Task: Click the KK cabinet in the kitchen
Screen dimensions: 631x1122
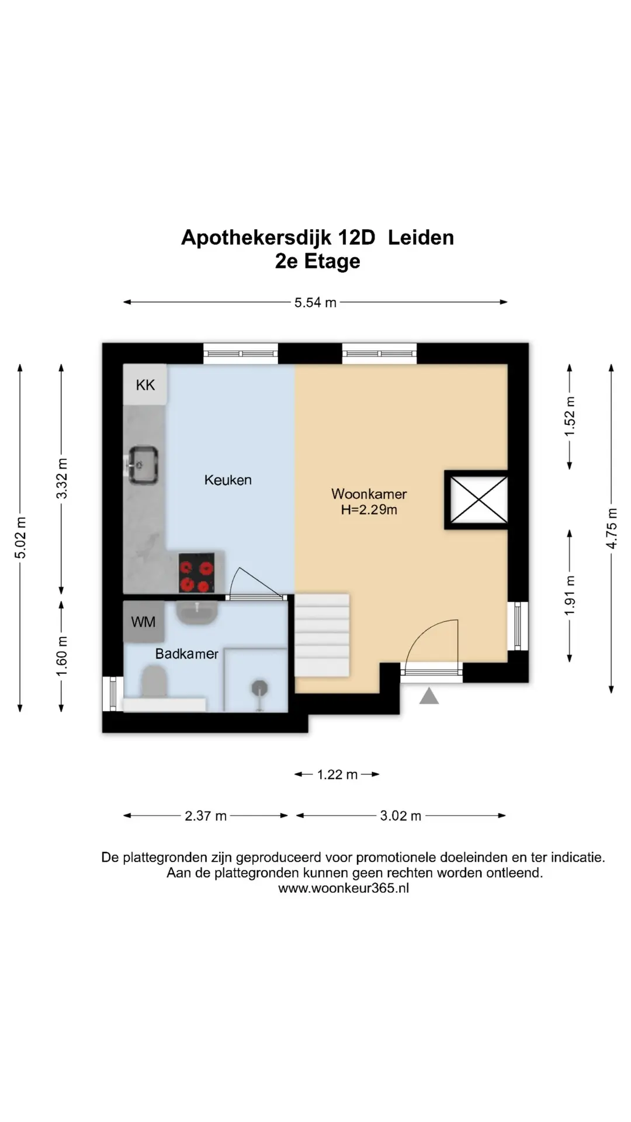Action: tap(145, 384)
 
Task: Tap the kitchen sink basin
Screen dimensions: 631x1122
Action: tap(143, 465)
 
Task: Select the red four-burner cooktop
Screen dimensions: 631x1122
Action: tap(196, 573)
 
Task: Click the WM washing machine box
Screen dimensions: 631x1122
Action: tap(144, 622)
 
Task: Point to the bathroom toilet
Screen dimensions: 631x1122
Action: tap(155, 682)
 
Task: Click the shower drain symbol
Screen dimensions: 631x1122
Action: tap(259, 690)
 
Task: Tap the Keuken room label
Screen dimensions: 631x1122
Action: tap(228, 480)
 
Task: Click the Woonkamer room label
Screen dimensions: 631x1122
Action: tap(369, 494)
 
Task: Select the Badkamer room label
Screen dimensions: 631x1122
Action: tap(187, 654)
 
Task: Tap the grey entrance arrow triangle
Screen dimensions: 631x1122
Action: tap(429, 695)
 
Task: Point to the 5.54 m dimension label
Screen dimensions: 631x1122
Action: tap(315, 303)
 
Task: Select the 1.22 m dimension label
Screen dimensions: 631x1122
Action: tap(337, 775)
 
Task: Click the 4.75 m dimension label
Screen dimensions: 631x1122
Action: tap(612, 528)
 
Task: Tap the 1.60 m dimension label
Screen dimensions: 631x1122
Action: tap(62, 656)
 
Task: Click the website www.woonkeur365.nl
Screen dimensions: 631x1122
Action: tap(344, 888)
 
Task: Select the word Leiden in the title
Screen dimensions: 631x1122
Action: tap(421, 238)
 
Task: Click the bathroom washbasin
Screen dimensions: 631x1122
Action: tap(197, 614)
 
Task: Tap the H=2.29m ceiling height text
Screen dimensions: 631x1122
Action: tap(369, 510)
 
